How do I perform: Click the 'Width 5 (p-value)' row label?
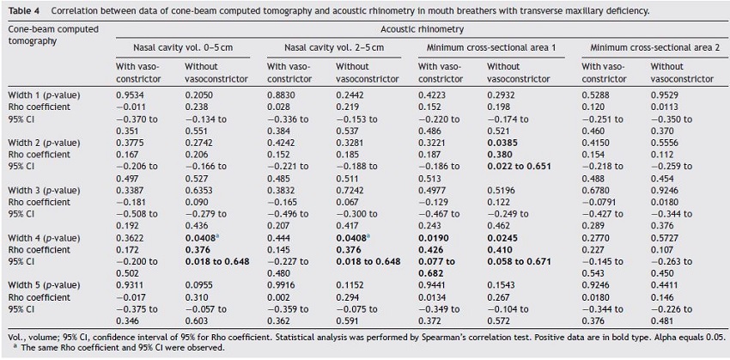click(x=44, y=284)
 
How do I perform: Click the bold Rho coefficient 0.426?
click(x=429, y=248)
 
